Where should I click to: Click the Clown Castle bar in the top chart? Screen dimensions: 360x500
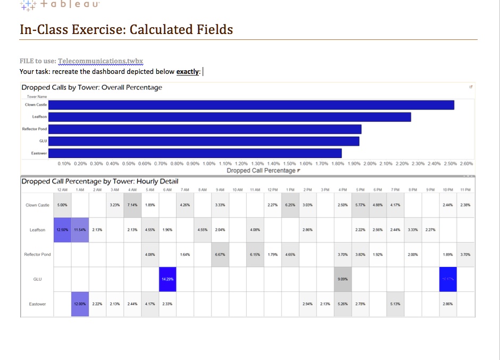pos(251,105)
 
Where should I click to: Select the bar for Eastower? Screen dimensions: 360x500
pos(195,153)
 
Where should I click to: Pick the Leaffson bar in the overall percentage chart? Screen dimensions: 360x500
pos(229,117)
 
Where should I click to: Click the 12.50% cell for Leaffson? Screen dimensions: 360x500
pos(62,230)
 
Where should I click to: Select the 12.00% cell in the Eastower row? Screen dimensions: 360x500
pos(80,304)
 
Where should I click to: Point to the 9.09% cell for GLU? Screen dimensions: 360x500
pos(343,279)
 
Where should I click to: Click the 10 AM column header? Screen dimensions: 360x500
pos(238,190)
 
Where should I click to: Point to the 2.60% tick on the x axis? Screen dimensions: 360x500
pos(466,164)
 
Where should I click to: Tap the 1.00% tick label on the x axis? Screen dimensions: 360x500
pos(210,164)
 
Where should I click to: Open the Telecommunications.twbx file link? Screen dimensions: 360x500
pos(101,61)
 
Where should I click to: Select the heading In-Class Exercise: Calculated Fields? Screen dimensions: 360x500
pos(126,29)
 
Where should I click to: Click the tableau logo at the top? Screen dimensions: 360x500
pos(56,7)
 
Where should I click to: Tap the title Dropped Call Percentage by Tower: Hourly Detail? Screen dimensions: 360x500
pos(99,181)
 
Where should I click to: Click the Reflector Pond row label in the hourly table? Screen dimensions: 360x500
pos(37,254)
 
